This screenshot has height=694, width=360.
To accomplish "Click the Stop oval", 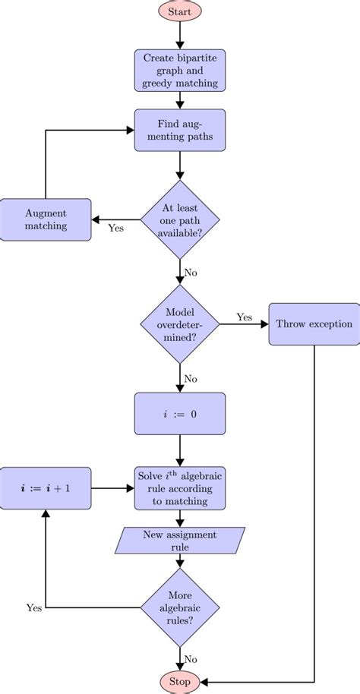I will (180, 681).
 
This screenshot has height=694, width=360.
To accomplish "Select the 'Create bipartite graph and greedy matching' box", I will (180, 71).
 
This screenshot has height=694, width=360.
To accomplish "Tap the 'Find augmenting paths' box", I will (180, 130).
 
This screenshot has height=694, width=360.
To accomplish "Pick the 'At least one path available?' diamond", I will (180, 220).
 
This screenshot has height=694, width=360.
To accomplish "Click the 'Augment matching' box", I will (46, 220).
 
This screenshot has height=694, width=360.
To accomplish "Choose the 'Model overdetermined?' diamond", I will (180, 324).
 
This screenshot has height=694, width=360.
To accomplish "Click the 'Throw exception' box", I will (314, 324).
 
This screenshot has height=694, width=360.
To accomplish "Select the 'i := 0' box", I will (180, 414).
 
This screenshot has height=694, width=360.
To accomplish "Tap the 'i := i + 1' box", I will (46, 488).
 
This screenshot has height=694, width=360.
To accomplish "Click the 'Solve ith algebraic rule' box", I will (180, 488).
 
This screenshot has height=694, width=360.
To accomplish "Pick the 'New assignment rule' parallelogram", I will (180, 541).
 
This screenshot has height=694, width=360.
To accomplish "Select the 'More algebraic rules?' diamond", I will (180, 607).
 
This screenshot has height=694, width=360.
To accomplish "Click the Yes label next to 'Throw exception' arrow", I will (244, 317).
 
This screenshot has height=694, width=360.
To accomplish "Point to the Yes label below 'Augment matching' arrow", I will (116, 229).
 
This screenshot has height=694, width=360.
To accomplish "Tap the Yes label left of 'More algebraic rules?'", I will (34, 607).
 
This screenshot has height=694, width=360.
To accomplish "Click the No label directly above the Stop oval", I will (191, 659).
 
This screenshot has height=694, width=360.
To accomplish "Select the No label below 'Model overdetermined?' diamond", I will (191, 377).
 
